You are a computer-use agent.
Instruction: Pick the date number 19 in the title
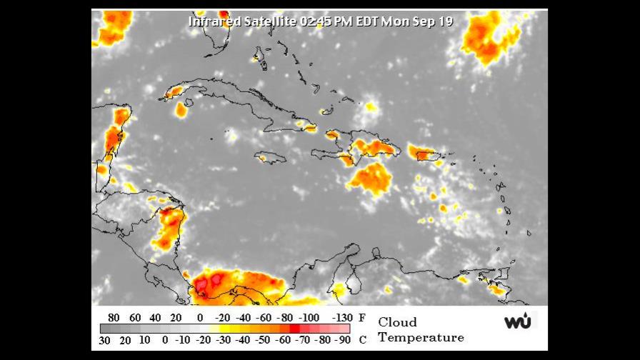pyautogui.click(x=444, y=21)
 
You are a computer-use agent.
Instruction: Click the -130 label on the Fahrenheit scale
pyautogui.click(x=343, y=317)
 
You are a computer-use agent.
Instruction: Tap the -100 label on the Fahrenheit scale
pyautogui.click(x=309, y=317)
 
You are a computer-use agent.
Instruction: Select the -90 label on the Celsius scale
pyautogui.click(x=343, y=339)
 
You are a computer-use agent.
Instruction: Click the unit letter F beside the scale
pyautogui.click(x=362, y=317)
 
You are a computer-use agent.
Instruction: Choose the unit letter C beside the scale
pyautogui.click(x=362, y=339)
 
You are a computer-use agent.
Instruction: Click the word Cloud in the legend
pyautogui.click(x=397, y=321)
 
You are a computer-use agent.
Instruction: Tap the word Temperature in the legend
pyautogui.click(x=421, y=337)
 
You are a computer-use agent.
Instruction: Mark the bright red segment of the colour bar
pyautogui.click(x=294, y=329)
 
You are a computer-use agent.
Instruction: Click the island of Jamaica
pyautogui.click(x=271, y=158)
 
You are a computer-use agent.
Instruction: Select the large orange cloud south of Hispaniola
pyautogui.click(x=370, y=179)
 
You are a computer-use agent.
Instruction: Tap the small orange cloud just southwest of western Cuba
pyautogui.click(x=181, y=110)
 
